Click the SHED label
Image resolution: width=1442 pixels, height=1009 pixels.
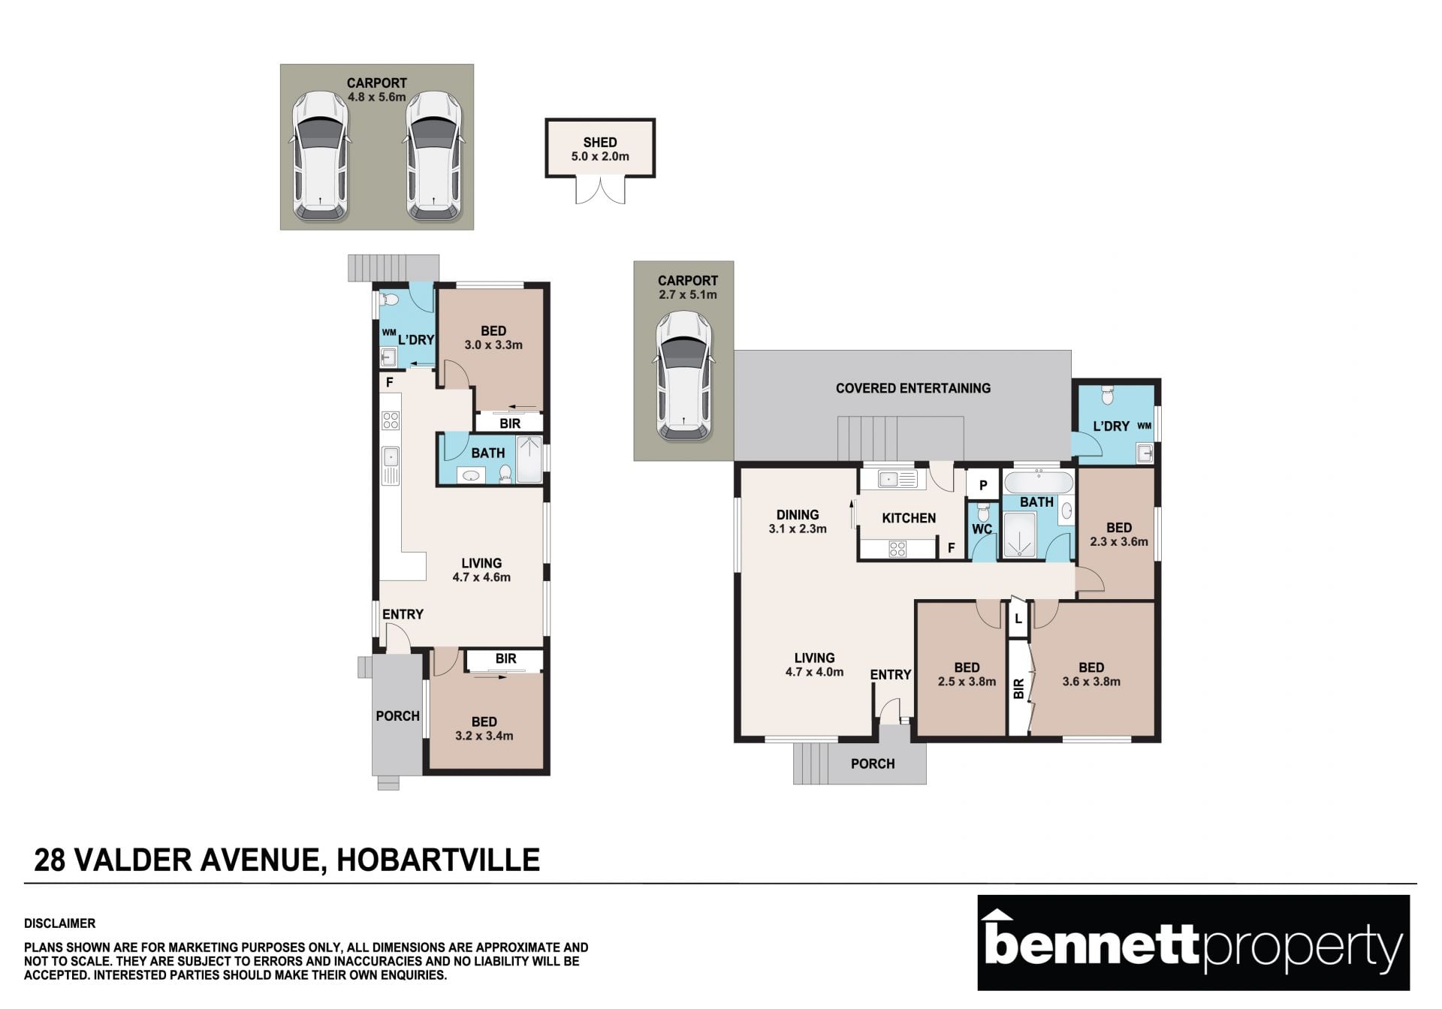click(600, 142)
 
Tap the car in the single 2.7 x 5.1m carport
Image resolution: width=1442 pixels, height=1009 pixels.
click(683, 375)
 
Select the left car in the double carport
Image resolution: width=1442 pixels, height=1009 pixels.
click(321, 156)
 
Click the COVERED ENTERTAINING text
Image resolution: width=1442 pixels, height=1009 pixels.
click(913, 388)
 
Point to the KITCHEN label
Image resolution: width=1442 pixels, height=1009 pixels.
click(909, 518)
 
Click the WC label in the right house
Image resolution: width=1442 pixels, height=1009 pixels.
click(982, 529)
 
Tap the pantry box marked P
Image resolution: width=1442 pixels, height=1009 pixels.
click(982, 486)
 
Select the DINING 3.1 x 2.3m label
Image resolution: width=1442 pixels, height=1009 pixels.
click(798, 521)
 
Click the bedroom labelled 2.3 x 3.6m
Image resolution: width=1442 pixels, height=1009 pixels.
click(1117, 533)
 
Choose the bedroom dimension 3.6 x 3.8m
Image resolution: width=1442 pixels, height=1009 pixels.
click(1091, 682)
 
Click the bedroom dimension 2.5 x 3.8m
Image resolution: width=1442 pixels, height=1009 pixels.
click(967, 682)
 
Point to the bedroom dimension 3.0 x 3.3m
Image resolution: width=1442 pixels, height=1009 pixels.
click(493, 345)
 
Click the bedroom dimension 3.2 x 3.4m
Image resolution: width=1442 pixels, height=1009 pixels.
click(484, 736)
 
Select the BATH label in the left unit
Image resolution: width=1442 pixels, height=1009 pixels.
click(488, 453)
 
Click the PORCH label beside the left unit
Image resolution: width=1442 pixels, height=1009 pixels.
click(398, 715)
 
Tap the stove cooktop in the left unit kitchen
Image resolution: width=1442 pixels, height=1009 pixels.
click(391, 420)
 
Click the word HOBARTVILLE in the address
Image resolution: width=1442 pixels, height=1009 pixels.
click(439, 860)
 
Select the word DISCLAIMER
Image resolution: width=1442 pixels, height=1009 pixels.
click(60, 923)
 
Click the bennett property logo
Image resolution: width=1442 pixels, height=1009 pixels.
click(1193, 942)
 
